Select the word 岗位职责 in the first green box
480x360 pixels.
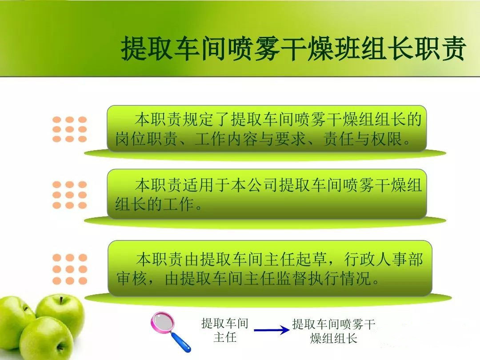pos(146,139)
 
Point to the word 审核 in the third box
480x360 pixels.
pos(131,279)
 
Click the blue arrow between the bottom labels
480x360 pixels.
pos(272,330)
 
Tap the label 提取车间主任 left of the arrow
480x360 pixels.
pos(225,330)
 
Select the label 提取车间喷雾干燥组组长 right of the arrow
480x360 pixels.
pos(334,331)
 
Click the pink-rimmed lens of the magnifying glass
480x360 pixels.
pos(163,323)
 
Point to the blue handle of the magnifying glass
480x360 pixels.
pos(180,342)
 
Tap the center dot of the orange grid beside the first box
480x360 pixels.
pos(69,129)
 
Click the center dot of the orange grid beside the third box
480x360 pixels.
pos(69,269)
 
